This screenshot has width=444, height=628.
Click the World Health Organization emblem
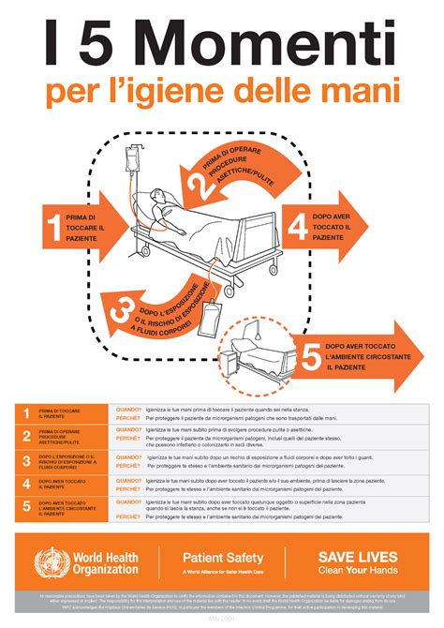[52, 563]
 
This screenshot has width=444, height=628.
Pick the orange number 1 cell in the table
[25, 413]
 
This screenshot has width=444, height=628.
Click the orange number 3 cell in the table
[25, 460]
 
